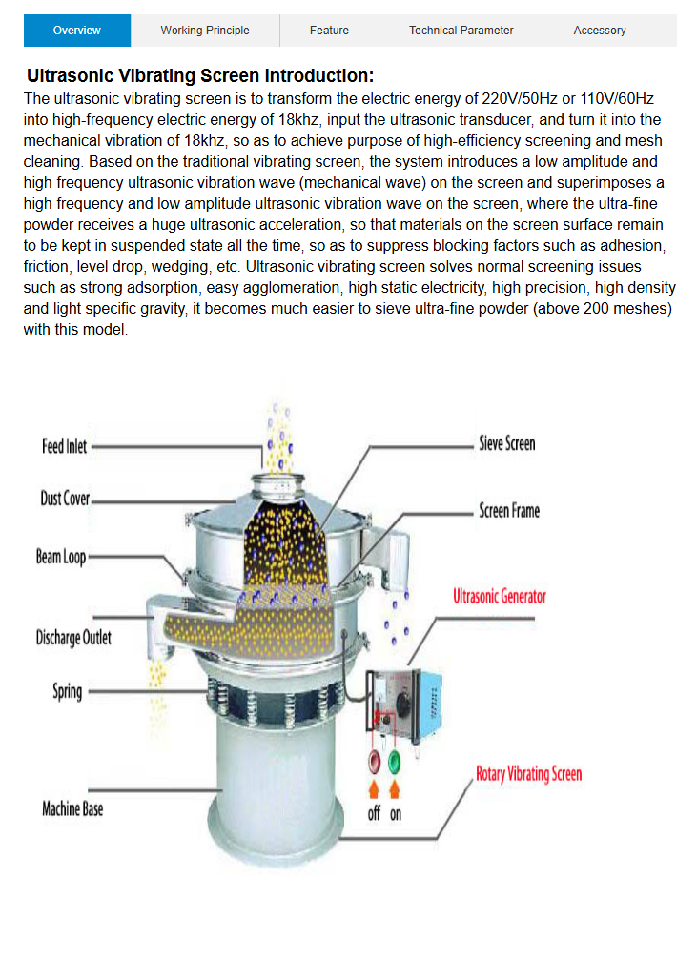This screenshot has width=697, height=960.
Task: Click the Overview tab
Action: pos(77,31)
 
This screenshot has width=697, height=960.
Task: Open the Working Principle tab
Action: pos(205,31)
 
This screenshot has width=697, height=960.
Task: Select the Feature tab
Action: pos(329,31)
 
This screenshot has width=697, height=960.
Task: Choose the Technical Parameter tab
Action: pos(461,31)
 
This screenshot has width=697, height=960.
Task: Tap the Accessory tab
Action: pos(600,31)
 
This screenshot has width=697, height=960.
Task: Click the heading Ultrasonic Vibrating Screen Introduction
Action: pos(200,76)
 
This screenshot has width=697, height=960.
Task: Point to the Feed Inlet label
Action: pos(65,446)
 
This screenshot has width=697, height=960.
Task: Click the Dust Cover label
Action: pos(65,499)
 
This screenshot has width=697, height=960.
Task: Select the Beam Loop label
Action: pos(61,557)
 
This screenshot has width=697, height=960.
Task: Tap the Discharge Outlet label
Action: pos(73,637)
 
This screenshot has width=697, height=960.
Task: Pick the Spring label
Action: pos(67,691)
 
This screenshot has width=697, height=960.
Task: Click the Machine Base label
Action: pos(72,809)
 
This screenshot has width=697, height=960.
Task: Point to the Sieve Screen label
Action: pos(506,443)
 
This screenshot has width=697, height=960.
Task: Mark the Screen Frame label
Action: pos(509,511)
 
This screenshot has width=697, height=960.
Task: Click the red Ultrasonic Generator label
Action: pos(500,596)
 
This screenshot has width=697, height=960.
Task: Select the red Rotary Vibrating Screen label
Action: pos(528,773)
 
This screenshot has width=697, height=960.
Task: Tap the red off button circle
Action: pos(375,762)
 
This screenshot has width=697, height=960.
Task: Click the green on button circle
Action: pos(395,762)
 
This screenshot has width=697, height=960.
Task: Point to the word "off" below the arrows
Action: pos(375,813)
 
